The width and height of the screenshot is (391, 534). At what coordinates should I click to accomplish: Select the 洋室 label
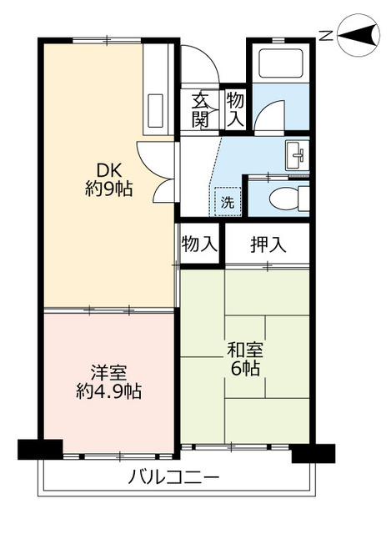pyautogui.click(x=109, y=371)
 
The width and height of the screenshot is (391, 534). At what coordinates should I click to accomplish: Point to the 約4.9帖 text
pyautogui.click(x=109, y=390)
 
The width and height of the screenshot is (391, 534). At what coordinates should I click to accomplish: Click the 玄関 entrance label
pyautogui.click(x=201, y=110)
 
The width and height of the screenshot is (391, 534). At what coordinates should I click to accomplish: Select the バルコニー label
pyautogui.click(x=174, y=479)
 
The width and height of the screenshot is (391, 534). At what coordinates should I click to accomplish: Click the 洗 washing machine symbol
pyautogui.click(x=225, y=201)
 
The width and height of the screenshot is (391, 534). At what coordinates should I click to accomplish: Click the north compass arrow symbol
pyautogui.click(x=358, y=36)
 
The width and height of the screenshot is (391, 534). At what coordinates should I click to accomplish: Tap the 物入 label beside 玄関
pyautogui.click(x=235, y=110)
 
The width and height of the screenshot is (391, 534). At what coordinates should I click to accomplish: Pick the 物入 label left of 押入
pyautogui.click(x=199, y=244)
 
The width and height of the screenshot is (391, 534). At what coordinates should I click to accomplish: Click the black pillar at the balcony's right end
pyautogui.click(x=312, y=452)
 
